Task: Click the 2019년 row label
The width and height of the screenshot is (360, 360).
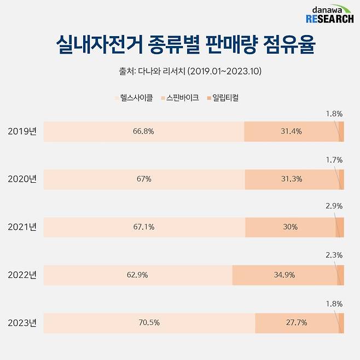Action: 22,131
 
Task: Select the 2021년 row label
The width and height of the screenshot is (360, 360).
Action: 22,227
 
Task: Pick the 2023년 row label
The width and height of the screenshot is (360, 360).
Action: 22,323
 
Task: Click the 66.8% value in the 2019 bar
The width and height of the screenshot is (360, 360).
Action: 143,131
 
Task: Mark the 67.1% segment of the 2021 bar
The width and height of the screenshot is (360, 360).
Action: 143,227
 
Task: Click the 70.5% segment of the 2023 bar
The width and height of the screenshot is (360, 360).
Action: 149,323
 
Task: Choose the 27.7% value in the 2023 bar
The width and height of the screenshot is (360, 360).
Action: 296,323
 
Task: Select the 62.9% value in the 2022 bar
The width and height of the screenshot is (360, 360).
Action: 137,275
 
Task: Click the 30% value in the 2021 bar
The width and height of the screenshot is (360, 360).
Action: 291,227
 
